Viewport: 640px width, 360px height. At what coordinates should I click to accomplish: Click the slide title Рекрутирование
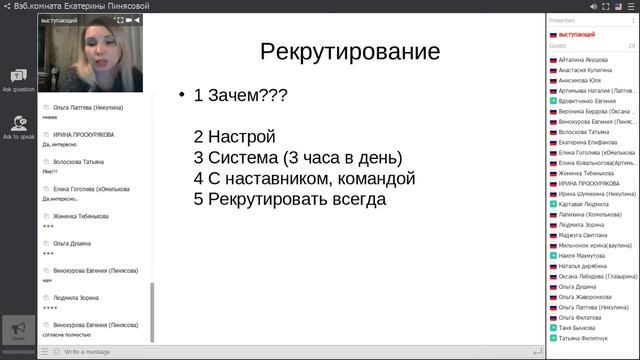pyautogui.click(x=349, y=52)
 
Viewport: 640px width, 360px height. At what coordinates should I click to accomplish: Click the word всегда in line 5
pyautogui.click(x=354, y=199)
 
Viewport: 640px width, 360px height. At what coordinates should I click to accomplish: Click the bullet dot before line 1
pyautogui.click(x=182, y=97)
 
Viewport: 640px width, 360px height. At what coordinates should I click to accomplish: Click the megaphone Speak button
pyautogui.click(x=18, y=329)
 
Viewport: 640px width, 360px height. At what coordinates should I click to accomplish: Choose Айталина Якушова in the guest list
pyautogui.click(x=585, y=60)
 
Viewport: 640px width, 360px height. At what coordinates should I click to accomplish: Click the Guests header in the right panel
pyautogui.click(x=558, y=46)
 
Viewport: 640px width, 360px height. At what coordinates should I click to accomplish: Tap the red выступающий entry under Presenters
pyautogui.click(x=576, y=34)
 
